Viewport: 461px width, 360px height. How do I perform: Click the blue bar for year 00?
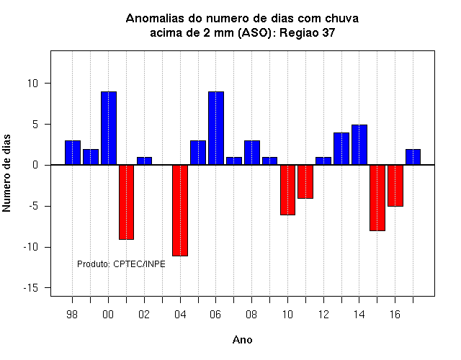(109, 128)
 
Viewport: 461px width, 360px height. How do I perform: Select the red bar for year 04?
(180, 210)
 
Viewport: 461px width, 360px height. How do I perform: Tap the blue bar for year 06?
(216, 128)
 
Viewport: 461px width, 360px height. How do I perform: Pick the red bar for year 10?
(287, 190)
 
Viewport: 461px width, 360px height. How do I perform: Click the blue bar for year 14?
(359, 145)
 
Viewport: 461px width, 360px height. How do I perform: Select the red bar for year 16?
(395, 186)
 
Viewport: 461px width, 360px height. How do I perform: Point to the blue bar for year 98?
(73, 153)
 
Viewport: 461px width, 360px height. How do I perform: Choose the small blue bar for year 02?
(144, 161)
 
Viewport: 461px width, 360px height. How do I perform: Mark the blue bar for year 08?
(252, 153)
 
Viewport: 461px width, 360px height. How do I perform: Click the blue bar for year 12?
(323, 161)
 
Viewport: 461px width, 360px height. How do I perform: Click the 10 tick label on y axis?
(33, 84)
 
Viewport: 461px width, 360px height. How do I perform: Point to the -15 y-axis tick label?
(31, 288)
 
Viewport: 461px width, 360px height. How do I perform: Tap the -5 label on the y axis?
(34, 207)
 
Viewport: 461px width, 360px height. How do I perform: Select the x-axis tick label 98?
(72, 315)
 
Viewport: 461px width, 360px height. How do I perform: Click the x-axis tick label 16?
(395, 315)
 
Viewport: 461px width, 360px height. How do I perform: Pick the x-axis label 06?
(215, 315)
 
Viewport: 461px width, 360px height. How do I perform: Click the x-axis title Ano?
(243, 340)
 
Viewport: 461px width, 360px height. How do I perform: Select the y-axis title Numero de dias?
(6, 174)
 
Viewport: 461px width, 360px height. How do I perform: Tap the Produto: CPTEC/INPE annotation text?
(121, 264)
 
